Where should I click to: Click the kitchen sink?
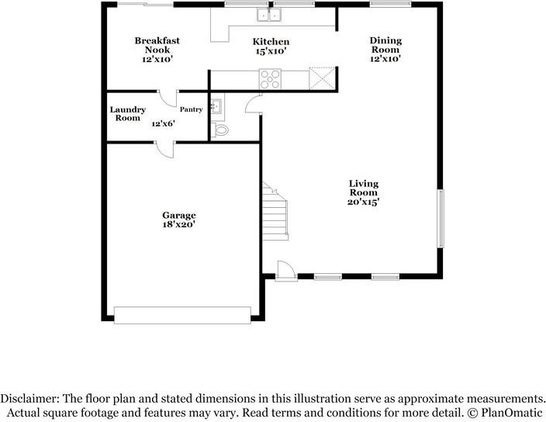click(x=269, y=15)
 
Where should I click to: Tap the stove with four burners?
click(x=270, y=79)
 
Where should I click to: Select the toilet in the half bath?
click(x=219, y=130)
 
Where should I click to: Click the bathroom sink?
click(x=216, y=106)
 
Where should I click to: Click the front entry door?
click(x=286, y=271)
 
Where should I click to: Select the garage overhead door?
click(x=182, y=316)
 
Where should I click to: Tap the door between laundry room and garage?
click(x=164, y=150)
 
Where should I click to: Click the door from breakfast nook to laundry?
click(x=168, y=99)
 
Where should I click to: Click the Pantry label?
click(x=191, y=109)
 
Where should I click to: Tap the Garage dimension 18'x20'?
click(x=178, y=224)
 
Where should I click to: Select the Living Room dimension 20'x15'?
click(x=363, y=202)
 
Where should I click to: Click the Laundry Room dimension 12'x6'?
click(x=164, y=123)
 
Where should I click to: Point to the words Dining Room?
click(x=385, y=45)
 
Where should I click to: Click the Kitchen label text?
click(x=271, y=42)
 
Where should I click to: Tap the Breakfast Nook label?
click(x=157, y=45)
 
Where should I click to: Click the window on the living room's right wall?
click(x=441, y=218)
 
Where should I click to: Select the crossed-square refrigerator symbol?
click(x=323, y=78)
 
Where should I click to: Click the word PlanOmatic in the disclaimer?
click(x=512, y=413)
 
